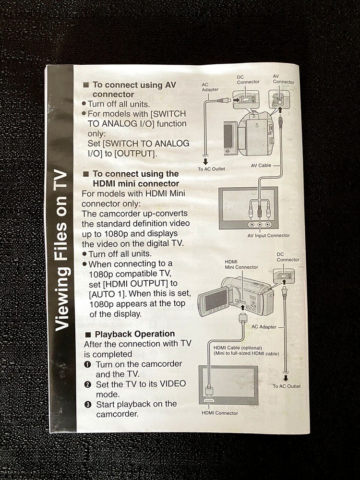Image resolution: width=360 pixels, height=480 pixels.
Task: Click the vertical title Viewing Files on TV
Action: (61, 250)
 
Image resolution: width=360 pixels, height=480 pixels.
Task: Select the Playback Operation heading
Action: (134, 334)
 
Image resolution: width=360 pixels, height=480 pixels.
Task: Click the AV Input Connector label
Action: (268, 235)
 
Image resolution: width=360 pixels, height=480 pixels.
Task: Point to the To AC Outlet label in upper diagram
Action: (211, 169)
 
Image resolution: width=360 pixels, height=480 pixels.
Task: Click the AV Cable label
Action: (261, 165)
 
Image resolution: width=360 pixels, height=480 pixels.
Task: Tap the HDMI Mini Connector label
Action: (241, 264)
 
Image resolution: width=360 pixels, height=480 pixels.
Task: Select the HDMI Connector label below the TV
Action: (219, 413)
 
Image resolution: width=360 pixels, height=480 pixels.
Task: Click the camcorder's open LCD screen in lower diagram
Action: (215, 300)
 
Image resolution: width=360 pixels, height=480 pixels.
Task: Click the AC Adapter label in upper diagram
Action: (210, 87)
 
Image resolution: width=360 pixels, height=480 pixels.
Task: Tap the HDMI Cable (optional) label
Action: (235, 348)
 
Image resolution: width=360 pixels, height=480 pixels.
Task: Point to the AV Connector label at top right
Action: (283, 79)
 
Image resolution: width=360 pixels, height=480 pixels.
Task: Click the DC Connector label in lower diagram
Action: (288, 257)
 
